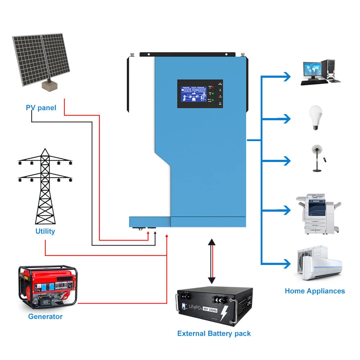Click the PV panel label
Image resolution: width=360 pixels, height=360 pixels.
pyautogui.click(x=41, y=108)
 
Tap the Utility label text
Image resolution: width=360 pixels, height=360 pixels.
pyautogui.click(x=45, y=231)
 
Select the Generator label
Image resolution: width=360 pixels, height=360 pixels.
pyautogui.click(x=45, y=316)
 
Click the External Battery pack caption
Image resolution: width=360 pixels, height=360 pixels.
pyautogui.click(x=214, y=333)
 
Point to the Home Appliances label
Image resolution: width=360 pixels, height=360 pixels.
pyautogui.click(x=315, y=291)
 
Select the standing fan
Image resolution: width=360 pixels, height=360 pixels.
pyautogui.click(x=316, y=158)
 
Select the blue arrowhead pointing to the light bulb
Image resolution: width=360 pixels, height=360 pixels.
pyautogui.click(x=287, y=118)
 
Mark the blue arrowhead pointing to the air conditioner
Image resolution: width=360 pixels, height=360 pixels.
pyautogui.click(x=287, y=264)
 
